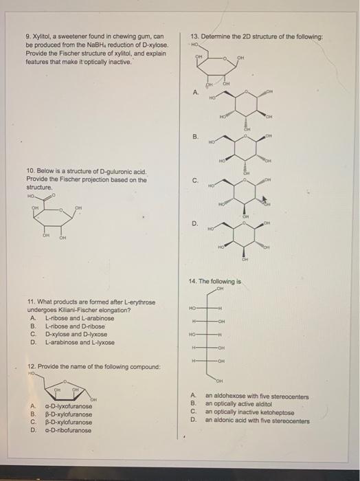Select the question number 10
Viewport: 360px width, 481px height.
30,172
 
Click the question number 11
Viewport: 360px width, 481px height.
30,302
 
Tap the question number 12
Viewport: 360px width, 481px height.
30,367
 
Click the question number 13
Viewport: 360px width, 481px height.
196,36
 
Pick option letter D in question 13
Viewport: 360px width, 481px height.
195,222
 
